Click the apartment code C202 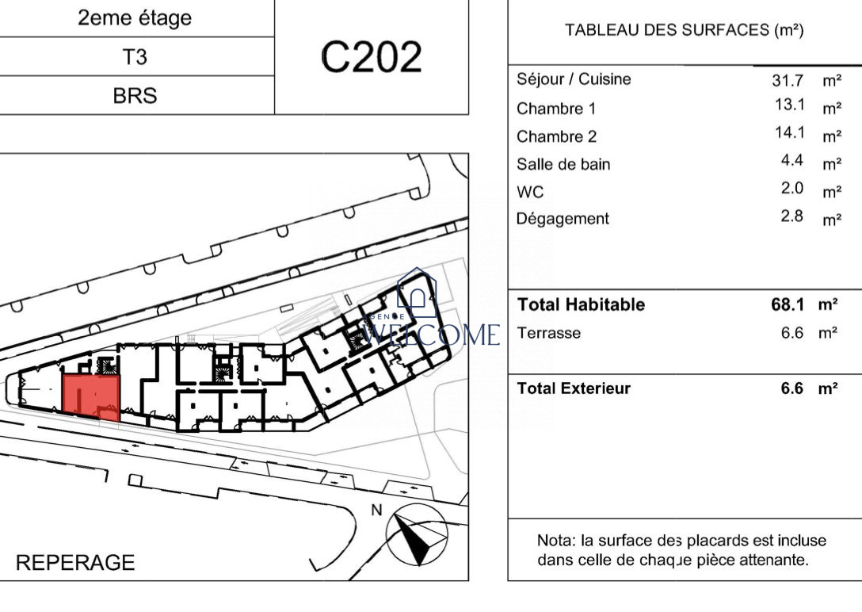371,56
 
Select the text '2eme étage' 135,18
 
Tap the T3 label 135,56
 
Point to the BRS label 135,96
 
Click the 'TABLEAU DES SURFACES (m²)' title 685,29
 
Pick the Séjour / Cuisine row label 574,79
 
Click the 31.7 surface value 788,80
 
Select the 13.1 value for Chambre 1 790,104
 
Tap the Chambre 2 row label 556,136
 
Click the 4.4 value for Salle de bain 792,160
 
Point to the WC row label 530,192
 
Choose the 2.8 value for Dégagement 792,216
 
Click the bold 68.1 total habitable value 788,304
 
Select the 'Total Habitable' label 581,304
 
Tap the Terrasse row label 548,333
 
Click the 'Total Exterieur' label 574,388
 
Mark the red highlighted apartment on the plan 91,397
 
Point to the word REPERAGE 75,563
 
